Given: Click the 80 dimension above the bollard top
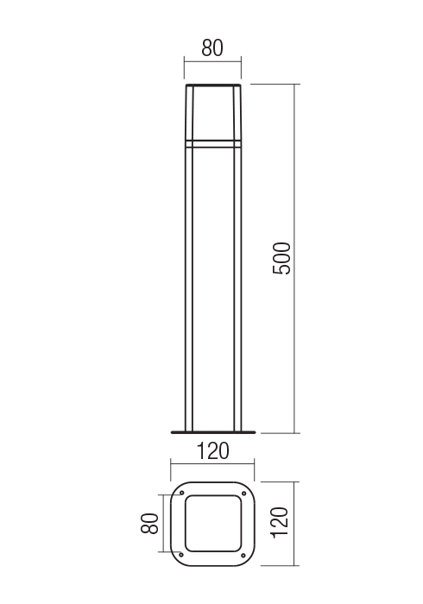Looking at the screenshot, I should click(x=211, y=48).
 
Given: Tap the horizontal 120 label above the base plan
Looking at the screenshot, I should click(x=211, y=450).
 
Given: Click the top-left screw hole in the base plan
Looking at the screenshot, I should click(x=182, y=494).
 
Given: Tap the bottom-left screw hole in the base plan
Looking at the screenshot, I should click(x=182, y=554).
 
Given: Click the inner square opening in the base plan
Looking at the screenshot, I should click(x=212, y=524).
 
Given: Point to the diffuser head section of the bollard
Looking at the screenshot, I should click(x=212, y=112).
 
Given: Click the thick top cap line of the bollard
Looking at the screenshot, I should click(x=212, y=85).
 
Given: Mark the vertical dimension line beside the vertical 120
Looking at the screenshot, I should click(x=296, y=524).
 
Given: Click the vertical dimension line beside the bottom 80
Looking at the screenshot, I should click(x=161, y=524).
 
